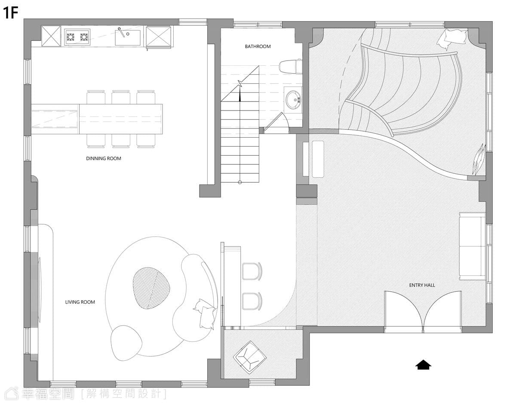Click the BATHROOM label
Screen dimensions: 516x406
click(x=258, y=46)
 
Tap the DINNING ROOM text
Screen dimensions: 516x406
click(x=104, y=158)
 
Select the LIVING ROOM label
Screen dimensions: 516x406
click(x=80, y=302)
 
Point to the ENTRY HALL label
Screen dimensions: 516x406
click(x=422, y=285)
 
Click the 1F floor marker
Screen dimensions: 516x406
click(x=11, y=13)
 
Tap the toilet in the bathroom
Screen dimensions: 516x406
click(x=290, y=66)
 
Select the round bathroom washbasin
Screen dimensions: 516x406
click(x=293, y=100)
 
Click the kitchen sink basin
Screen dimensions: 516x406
click(x=128, y=38)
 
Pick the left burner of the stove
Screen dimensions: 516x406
click(x=71, y=37)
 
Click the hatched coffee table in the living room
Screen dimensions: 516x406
click(x=151, y=288)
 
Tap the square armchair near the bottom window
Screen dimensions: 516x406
click(x=249, y=358)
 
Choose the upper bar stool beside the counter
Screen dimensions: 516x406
click(x=252, y=271)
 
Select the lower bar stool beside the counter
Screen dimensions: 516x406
click(x=252, y=301)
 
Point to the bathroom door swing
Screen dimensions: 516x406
click(x=276, y=123)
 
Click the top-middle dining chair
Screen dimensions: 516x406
click(x=121, y=97)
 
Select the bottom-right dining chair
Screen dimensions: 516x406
click(x=146, y=141)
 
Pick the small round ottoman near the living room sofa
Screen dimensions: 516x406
click(x=126, y=343)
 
